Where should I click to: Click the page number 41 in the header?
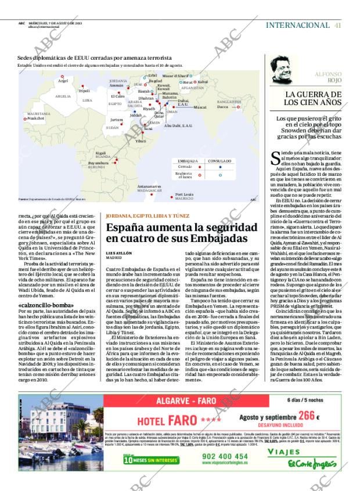337,25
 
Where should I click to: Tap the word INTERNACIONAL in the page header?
297,25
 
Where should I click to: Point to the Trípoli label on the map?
84,91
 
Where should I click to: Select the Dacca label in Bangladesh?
222,107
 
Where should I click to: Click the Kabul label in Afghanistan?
203,82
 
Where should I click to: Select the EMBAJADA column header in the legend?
188,160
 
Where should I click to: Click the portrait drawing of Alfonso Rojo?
284,70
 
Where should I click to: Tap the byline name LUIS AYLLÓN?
119,253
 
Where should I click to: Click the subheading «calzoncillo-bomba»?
46,305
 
